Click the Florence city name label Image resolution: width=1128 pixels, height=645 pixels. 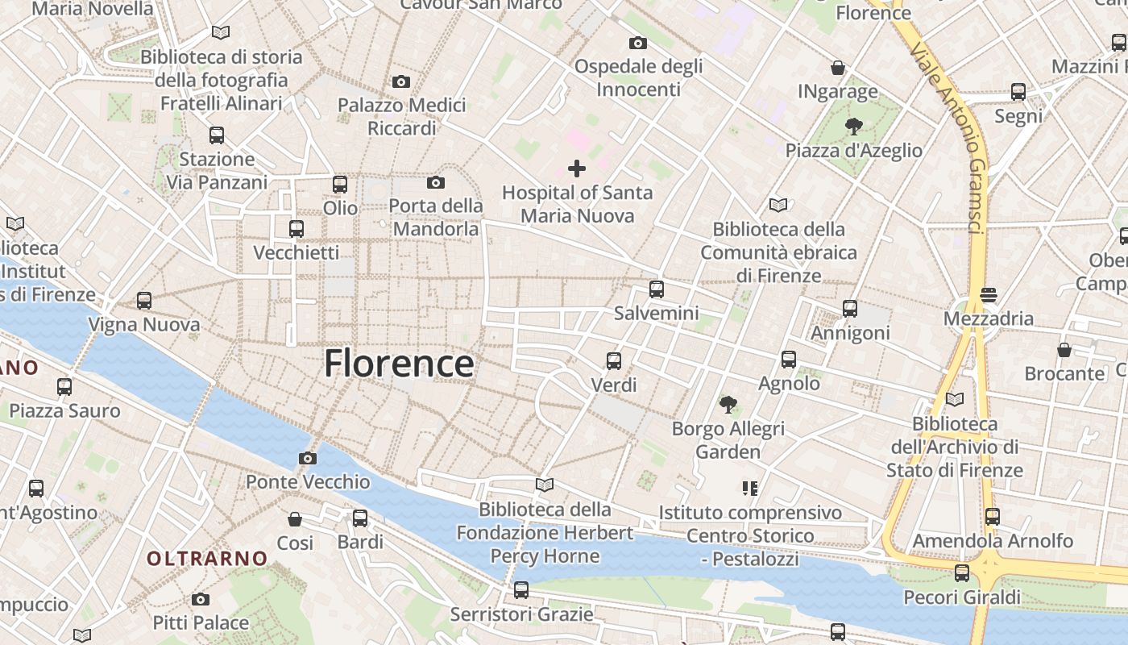click(x=399, y=364)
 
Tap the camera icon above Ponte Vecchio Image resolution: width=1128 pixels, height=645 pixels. click(x=307, y=458)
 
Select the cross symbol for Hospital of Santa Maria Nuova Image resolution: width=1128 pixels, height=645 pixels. click(x=577, y=169)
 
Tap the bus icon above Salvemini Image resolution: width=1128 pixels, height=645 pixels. click(x=657, y=289)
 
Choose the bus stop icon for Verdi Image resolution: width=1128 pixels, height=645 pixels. click(x=614, y=360)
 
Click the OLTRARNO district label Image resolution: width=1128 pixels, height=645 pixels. click(x=207, y=558)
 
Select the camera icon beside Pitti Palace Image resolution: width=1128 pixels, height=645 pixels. click(x=201, y=599)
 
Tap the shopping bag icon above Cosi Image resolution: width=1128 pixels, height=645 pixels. click(x=295, y=518)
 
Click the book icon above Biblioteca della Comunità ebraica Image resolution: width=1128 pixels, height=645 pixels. click(x=778, y=205)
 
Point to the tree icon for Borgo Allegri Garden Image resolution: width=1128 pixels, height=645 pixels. click(x=728, y=404)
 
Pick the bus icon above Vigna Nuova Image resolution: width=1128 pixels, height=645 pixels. click(x=144, y=301)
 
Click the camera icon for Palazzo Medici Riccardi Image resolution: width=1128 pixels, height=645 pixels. click(x=401, y=81)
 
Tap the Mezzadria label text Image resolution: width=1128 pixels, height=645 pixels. click(x=988, y=318)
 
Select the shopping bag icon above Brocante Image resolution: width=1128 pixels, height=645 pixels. click(x=1064, y=349)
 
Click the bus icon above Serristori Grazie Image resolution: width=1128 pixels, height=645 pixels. click(x=521, y=590)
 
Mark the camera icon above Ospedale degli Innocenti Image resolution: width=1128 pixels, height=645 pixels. click(x=638, y=43)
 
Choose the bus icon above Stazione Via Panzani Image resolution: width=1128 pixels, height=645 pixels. click(x=217, y=135)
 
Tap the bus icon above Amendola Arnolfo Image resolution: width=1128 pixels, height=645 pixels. click(x=993, y=516)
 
